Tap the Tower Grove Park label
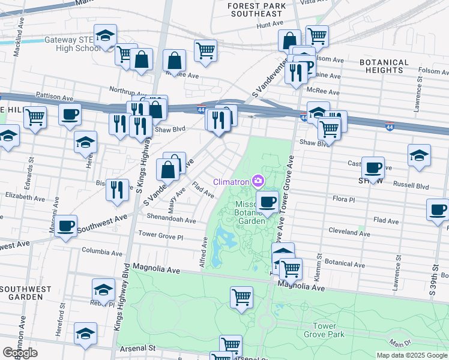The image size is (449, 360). (x=324, y=329)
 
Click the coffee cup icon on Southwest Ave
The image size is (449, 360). (x=66, y=226)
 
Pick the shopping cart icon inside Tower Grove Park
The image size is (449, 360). (x=241, y=296)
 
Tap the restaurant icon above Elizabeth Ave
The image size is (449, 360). (x=117, y=189)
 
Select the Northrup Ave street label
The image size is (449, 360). (x=124, y=89)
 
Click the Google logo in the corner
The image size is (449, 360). (x=20, y=353)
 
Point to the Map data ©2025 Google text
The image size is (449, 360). (x=411, y=355)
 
